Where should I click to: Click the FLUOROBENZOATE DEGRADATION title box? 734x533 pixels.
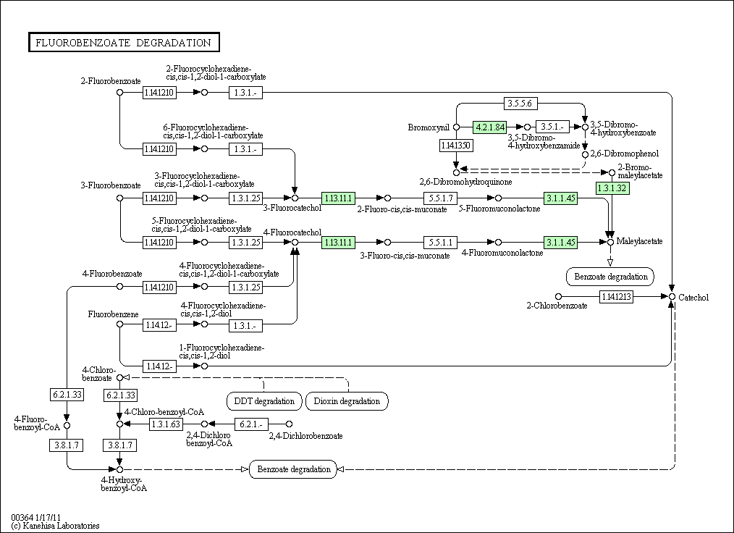(x=124, y=42)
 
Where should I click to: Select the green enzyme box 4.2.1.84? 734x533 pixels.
(x=490, y=127)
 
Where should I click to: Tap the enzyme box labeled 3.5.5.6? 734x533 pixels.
(x=520, y=103)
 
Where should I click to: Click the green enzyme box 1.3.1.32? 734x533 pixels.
(x=612, y=188)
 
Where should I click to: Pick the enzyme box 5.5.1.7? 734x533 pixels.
(x=441, y=198)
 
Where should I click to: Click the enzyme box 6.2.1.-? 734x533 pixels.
(x=251, y=424)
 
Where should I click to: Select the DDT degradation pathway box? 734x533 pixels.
(x=264, y=401)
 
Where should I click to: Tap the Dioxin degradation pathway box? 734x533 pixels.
(x=347, y=401)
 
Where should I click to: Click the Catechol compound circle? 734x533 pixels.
(x=672, y=297)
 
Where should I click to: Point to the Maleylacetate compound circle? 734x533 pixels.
(x=610, y=242)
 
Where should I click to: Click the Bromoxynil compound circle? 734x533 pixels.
(x=457, y=127)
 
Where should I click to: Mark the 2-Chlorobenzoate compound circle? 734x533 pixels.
(x=558, y=296)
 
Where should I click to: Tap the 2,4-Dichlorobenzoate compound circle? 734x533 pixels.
(x=289, y=424)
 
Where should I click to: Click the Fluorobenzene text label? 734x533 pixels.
(x=113, y=314)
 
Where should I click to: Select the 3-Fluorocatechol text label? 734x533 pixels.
(x=292, y=208)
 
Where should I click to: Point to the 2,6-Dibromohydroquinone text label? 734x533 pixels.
(x=465, y=182)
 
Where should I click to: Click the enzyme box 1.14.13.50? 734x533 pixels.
(x=456, y=146)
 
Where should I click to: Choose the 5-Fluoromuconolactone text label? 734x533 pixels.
(x=499, y=209)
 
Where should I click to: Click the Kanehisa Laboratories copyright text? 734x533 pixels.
(x=55, y=526)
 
